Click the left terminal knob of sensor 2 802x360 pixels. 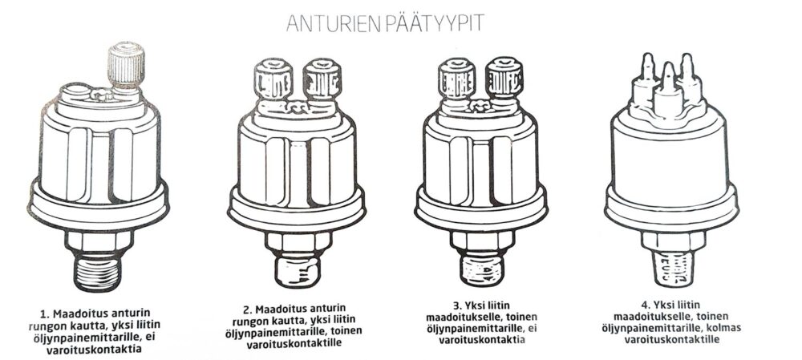click(x=273, y=79)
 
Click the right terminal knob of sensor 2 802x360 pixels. click(x=322, y=79)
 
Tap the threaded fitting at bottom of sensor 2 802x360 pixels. click(x=298, y=270)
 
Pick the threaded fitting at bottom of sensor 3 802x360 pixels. click(x=482, y=269)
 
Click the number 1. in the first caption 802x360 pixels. click(x=44, y=313)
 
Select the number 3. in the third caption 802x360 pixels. click(x=439, y=306)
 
